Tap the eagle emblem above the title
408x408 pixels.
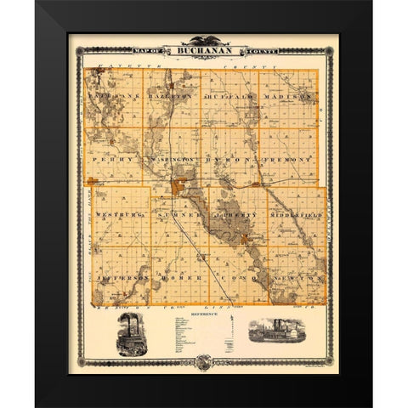click(x=203, y=40)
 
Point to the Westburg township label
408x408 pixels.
click(x=116, y=217)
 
